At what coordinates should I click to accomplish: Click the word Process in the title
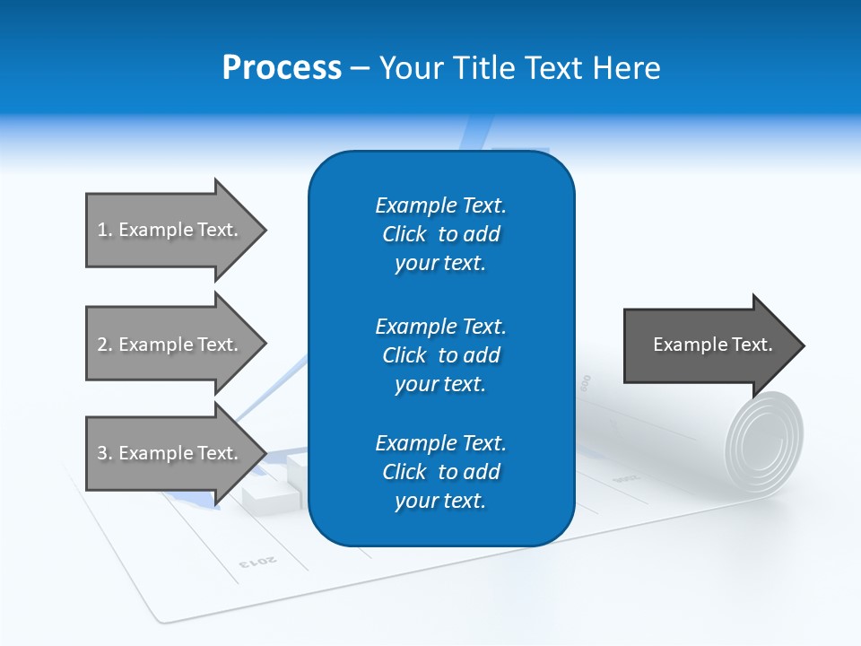(282, 68)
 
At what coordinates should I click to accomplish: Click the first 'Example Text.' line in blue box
(440, 205)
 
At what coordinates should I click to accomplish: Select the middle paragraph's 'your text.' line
(440, 384)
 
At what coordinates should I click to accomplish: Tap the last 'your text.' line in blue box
(440, 501)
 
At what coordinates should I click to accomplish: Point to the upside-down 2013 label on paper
(258, 562)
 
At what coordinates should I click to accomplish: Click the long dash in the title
(360, 68)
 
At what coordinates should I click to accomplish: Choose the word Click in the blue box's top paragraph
(404, 234)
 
